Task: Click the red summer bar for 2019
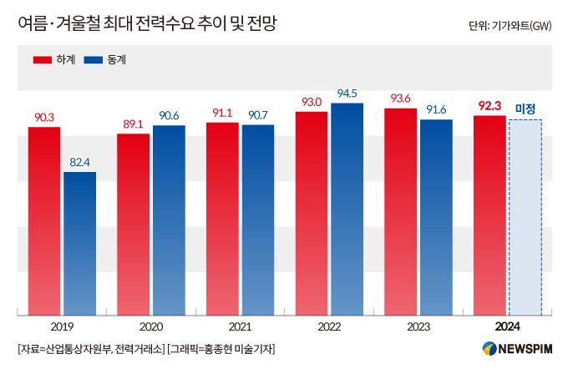(x=43, y=221)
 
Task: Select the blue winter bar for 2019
(x=79, y=244)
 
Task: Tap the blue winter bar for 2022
(x=347, y=209)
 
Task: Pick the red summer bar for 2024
(x=489, y=215)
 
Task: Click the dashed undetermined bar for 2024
(x=525, y=217)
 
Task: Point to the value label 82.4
(x=79, y=162)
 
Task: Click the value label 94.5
(x=347, y=93)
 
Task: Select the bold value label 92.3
(x=489, y=105)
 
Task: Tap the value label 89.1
(x=133, y=124)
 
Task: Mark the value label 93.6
(x=400, y=99)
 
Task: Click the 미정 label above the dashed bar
(x=525, y=108)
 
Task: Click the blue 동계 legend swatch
(x=92, y=60)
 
